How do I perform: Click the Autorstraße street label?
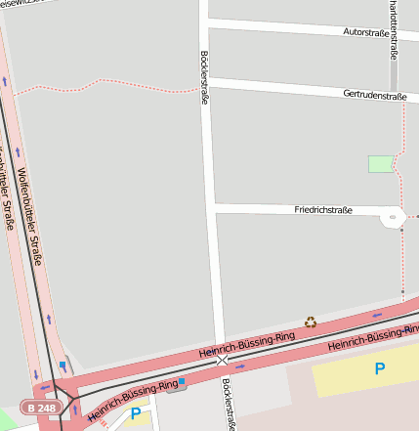coord(366,32)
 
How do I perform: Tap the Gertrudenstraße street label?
coord(374,95)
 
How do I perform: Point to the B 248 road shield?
coord(42,407)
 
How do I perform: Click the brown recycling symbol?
coord(311,322)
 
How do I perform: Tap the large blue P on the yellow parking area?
coord(379,368)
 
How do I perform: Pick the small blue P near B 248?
coord(135,413)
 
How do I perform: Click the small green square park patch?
coord(380,164)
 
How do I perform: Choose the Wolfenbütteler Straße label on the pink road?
coord(30,218)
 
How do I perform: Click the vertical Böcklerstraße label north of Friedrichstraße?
coord(204,84)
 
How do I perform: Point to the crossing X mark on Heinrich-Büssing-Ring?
coord(223,361)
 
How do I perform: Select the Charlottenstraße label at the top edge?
coord(394,24)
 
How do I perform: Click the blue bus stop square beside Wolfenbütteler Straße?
coord(63,366)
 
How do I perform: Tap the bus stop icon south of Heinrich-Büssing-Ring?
coord(182,382)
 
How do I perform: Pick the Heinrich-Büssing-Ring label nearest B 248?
coord(134,399)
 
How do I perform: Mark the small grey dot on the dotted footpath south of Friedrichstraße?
coord(402,291)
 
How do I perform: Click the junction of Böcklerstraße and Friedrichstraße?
coord(214,208)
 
